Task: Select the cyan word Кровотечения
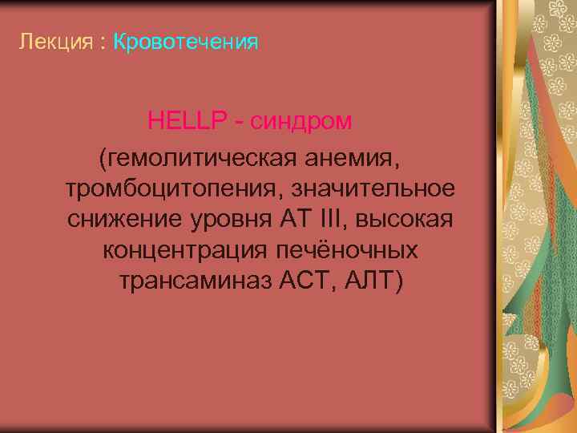pyautogui.click(x=186, y=41)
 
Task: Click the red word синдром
pyautogui.click(x=301, y=122)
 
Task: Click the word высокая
pyautogui.click(x=406, y=219)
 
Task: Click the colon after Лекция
pyautogui.click(x=103, y=42)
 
